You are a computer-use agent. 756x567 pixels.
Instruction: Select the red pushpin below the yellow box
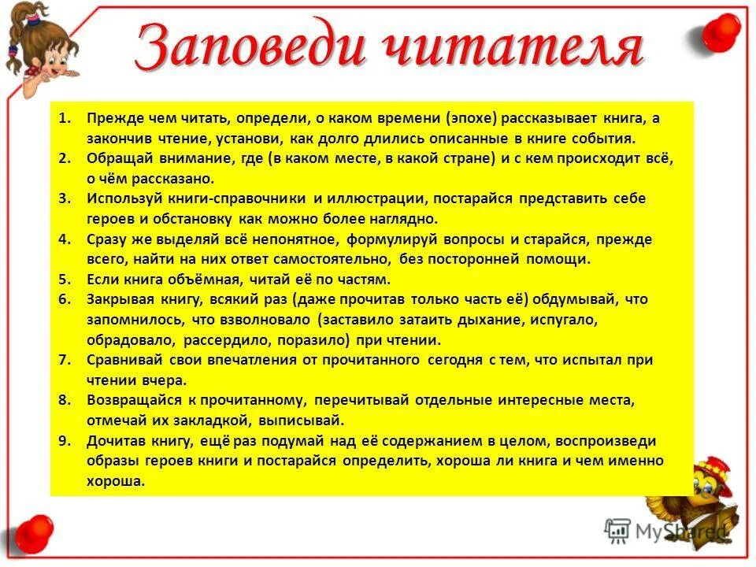point(31,534)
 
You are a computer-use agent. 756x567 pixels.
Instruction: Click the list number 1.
point(64,119)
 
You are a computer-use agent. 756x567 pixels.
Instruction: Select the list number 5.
point(65,280)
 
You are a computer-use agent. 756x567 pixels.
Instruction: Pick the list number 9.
point(65,441)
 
